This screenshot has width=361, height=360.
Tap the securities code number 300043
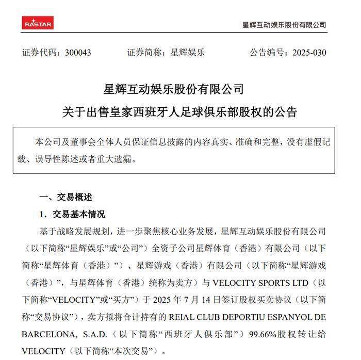[78, 53]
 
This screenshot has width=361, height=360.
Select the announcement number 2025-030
[309, 53]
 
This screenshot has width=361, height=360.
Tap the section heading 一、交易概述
[65, 198]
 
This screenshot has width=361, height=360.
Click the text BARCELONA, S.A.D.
[54, 333]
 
